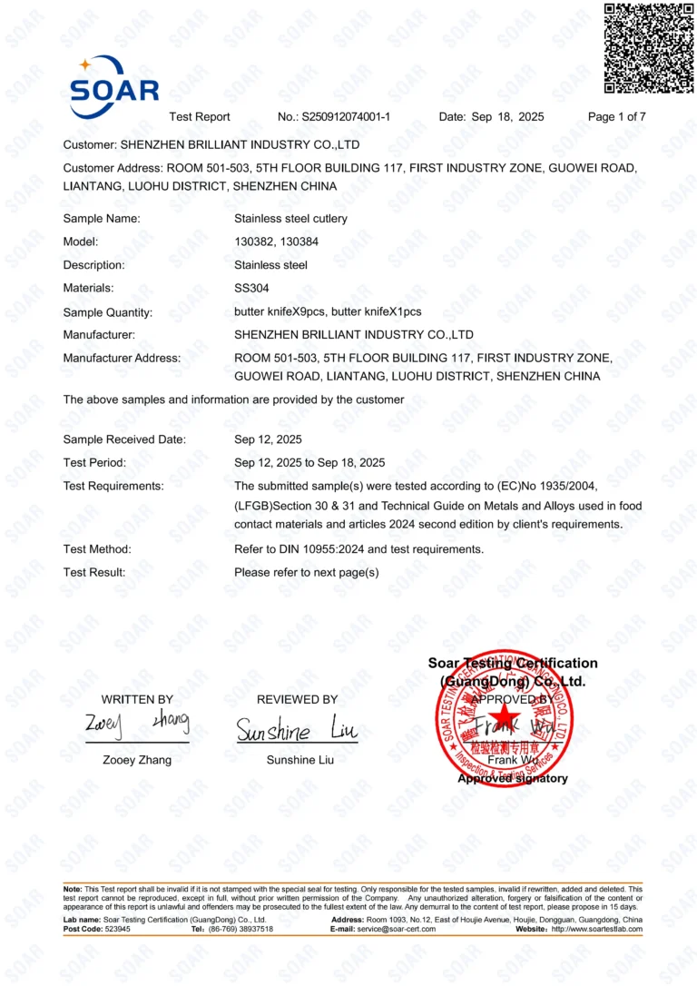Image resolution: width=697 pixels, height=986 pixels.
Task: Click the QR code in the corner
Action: click(x=649, y=48)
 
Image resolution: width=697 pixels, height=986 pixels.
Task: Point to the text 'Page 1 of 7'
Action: click(x=617, y=117)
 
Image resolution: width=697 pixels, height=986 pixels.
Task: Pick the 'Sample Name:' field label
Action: click(x=101, y=219)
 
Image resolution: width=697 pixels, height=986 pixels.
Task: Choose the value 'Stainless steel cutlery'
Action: click(x=290, y=219)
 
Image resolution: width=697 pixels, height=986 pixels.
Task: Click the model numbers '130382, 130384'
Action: click(x=276, y=242)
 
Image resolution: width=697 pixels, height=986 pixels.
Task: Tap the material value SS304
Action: click(x=251, y=289)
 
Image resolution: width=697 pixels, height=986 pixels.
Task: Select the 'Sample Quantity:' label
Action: click(x=107, y=312)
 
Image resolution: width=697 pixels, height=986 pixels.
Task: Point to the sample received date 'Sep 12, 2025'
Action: click(x=268, y=439)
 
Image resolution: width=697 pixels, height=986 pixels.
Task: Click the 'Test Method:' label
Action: click(x=97, y=549)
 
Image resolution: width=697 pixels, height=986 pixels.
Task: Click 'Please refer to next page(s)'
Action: click(x=306, y=573)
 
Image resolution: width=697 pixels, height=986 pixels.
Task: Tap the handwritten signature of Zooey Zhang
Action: click(x=137, y=724)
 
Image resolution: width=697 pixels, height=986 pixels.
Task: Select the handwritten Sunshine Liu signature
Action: click(x=297, y=730)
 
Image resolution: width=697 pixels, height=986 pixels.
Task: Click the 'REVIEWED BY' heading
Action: click(x=297, y=700)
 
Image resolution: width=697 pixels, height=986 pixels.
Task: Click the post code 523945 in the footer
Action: click(x=117, y=930)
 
